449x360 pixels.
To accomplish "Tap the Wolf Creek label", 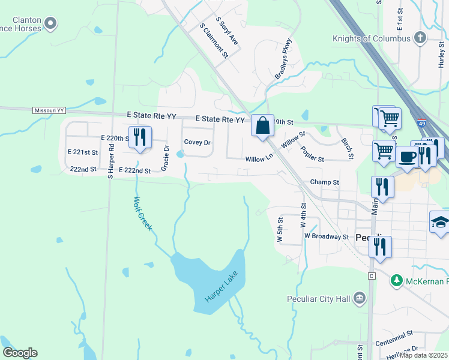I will click(x=143, y=214).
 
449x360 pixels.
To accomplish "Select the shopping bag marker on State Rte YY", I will click(x=262, y=126).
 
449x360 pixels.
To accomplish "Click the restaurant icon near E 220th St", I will click(x=139, y=137).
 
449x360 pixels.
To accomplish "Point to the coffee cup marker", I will click(x=407, y=157).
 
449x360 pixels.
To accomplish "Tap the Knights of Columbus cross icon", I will click(x=420, y=38).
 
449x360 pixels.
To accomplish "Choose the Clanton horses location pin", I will click(x=51, y=24).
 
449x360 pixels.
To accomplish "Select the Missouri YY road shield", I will click(x=49, y=110).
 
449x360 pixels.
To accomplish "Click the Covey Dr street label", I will click(x=197, y=143).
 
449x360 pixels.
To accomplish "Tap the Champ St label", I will click(x=325, y=182).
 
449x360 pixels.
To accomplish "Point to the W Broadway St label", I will click(x=327, y=236).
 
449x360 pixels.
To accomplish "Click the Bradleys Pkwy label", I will click(x=283, y=59).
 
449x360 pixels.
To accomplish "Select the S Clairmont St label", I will click(x=214, y=41).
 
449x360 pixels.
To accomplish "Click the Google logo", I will click(x=20, y=353).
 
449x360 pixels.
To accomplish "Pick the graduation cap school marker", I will click(x=440, y=222).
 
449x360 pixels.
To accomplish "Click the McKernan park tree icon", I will click(x=396, y=280).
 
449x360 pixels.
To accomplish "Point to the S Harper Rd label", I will click(x=110, y=163).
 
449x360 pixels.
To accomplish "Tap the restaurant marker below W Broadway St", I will click(x=380, y=246).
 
